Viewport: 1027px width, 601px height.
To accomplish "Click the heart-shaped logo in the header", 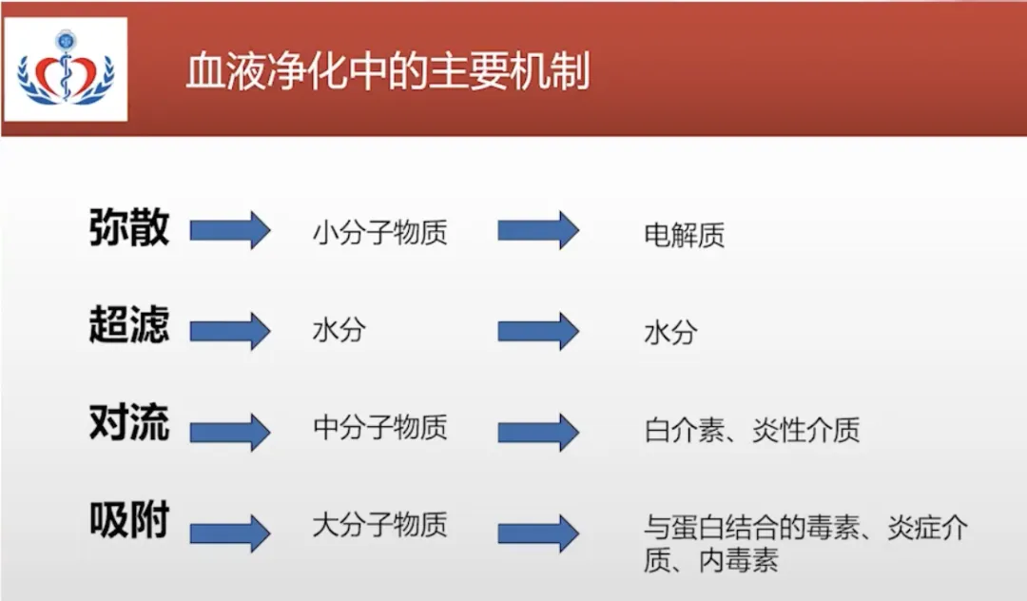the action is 66,74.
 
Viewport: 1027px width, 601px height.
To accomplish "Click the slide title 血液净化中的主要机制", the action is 387,73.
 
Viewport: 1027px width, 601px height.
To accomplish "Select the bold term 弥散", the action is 129,228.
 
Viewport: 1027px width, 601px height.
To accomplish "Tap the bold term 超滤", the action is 129,326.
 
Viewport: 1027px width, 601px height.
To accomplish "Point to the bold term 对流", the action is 129,423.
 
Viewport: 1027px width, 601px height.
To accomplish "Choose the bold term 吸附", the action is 129,521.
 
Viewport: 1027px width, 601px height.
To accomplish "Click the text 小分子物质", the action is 379,233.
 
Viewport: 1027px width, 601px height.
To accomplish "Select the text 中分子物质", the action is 379,428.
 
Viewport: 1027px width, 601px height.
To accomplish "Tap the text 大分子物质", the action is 379,524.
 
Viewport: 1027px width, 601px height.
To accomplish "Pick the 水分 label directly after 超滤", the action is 339,331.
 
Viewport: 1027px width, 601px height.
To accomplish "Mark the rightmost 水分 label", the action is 670,333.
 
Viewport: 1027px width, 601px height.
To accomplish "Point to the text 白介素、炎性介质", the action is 751,431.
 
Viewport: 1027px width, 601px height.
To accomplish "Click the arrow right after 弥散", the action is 230,230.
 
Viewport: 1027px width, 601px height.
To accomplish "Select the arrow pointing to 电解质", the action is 538,230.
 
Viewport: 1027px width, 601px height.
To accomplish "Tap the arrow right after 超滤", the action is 230,331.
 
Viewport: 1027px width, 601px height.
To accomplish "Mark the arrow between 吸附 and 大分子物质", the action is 230,533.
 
